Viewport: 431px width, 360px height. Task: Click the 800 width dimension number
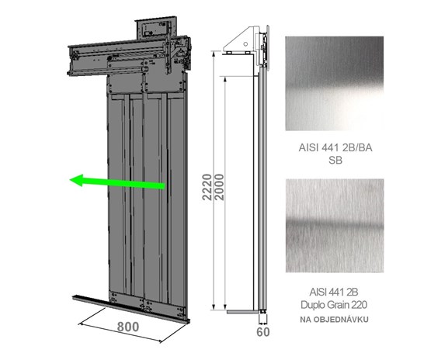pos(128,327)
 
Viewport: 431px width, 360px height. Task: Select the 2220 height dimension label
pos(207,187)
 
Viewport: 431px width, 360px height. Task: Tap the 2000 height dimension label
pos(219,187)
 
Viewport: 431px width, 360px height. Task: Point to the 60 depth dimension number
pos(263,332)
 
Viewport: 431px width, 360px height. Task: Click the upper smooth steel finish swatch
pos(335,84)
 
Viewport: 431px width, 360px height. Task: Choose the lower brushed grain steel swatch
pos(335,226)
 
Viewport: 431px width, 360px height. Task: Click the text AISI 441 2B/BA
pos(335,147)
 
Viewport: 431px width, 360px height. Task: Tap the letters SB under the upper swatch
pos(335,160)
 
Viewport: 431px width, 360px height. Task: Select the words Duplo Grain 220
pos(334,305)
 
